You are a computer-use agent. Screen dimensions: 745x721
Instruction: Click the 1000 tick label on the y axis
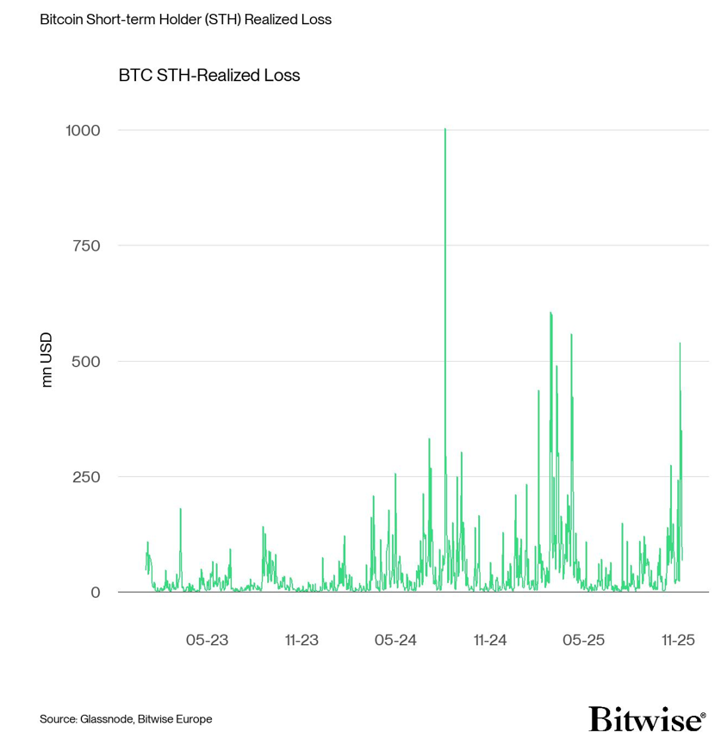tap(84, 130)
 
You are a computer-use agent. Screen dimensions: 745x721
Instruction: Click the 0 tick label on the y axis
tap(96, 592)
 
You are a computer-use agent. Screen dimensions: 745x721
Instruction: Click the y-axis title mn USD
tap(47, 359)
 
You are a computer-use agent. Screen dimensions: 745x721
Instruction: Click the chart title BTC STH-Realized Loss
tap(209, 76)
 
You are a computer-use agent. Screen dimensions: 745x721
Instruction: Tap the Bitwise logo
tap(647, 718)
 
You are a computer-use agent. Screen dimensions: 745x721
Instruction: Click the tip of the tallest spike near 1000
tap(444, 129)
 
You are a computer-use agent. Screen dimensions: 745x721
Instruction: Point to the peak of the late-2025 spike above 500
tap(680, 343)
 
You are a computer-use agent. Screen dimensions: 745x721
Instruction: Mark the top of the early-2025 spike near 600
tap(550, 313)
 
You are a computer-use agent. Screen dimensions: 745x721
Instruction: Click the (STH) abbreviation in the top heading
tap(223, 19)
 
